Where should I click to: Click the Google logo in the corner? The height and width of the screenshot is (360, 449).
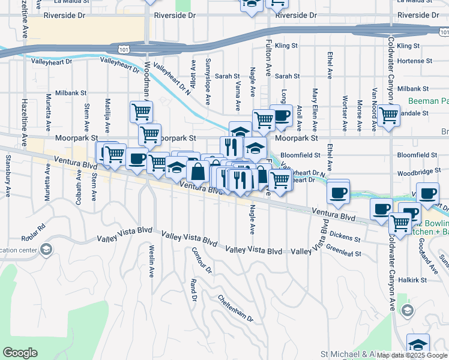pos(20,353)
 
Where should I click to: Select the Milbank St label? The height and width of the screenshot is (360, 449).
pos(71,94)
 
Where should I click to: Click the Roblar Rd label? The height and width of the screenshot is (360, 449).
pos(33,232)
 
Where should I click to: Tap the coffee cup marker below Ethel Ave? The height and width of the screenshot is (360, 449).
pos(339,192)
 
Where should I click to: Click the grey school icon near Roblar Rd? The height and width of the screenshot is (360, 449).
pos(45,249)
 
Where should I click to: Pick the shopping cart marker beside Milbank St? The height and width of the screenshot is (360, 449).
pos(141,111)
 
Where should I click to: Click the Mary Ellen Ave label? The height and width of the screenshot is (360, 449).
pos(315,110)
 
